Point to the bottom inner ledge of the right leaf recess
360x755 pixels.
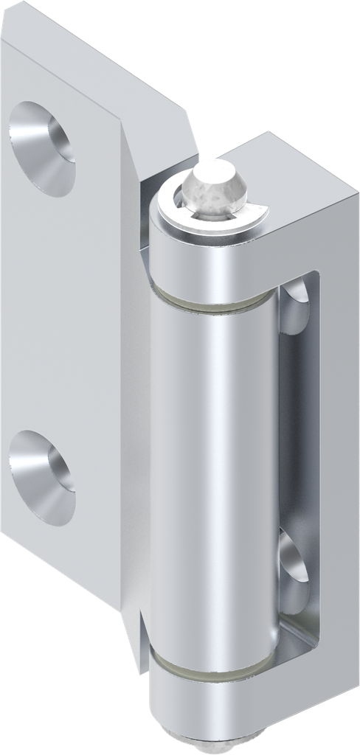[295, 641]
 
